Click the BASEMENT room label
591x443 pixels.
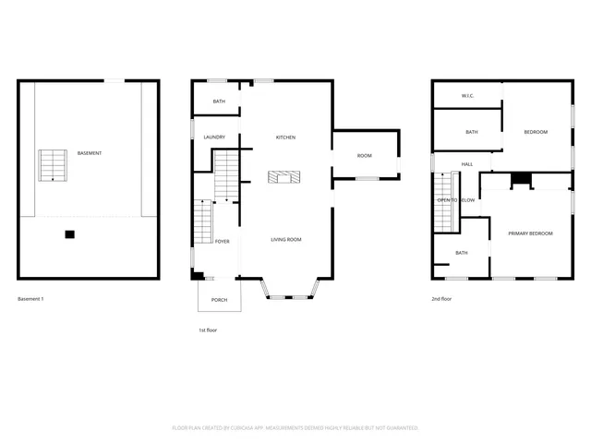click(x=90, y=153)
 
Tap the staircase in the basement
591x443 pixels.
click(x=52, y=164)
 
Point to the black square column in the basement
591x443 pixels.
click(x=69, y=234)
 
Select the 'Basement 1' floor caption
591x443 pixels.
click(x=30, y=299)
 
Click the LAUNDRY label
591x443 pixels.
click(x=214, y=138)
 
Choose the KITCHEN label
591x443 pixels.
click(x=285, y=138)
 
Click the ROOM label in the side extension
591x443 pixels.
click(x=364, y=155)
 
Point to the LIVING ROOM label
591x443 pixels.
click(x=286, y=240)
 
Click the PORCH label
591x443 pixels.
click(x=219, y=300)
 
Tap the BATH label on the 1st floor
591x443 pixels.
click(x=219, y=102)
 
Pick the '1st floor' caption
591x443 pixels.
click(x=207, y=329)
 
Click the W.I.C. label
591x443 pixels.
click(x=467, y=96)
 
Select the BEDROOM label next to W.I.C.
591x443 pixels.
click(x=536, y=132)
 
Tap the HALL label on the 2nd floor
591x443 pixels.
click(x=467, y=164)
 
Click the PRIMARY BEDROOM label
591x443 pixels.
click(x=530, y=233)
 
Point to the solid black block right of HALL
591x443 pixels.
click(x=521, y=180)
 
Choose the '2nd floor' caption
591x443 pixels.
click(x=441, y=299)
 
